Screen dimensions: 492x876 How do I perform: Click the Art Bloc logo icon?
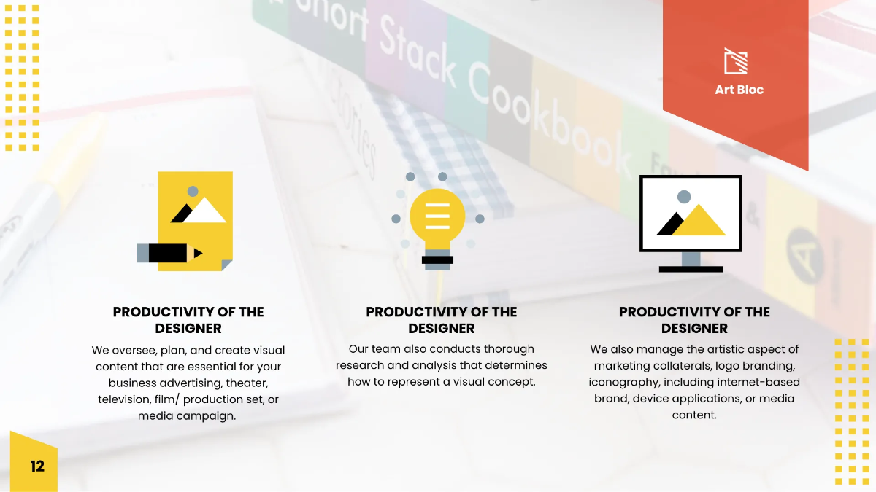click(x=735, y=61)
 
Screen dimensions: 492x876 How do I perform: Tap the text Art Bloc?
click(x=739, y=90)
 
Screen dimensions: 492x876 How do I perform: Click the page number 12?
click(x=37, y=466)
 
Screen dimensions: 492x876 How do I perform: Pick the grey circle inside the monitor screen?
click(x=684, y=196)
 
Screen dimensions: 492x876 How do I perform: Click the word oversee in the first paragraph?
click(x=136, y=351)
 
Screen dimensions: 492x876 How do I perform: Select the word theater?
click(x=247, y=383)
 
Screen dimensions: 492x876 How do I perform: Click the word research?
click(x=361, y=365)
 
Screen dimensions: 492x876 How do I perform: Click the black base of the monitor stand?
click(x=691, y=269)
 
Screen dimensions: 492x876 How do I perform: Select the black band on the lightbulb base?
click(x=437, y=259)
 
